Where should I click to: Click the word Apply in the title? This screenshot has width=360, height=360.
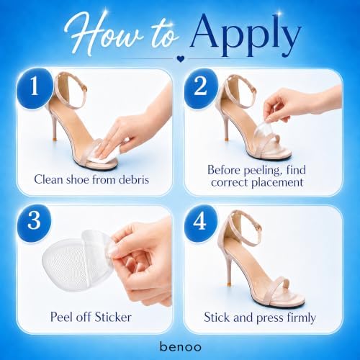[246, 36]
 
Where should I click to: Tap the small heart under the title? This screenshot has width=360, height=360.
[180, 58]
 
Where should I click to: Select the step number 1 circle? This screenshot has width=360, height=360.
[35, 88]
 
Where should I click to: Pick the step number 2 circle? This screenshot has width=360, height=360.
[201, 87]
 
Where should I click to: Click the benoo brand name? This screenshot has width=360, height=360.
[181, 346]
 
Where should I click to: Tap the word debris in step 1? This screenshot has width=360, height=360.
[134, 179]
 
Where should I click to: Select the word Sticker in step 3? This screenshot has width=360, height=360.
[113, 317]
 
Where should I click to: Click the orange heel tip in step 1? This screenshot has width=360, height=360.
[55, 139]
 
